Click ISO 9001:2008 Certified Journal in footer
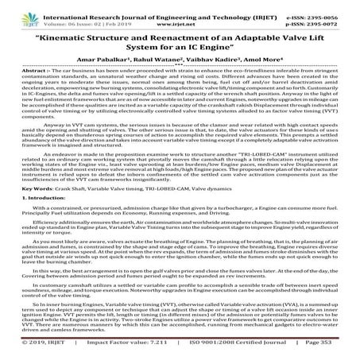(227, 351)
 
